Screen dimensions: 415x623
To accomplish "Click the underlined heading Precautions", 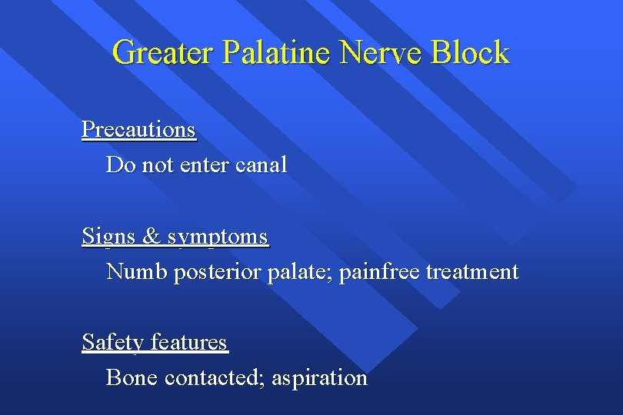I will (x=138, y=129).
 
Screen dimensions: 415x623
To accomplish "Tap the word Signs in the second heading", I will (x=108, y=236).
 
